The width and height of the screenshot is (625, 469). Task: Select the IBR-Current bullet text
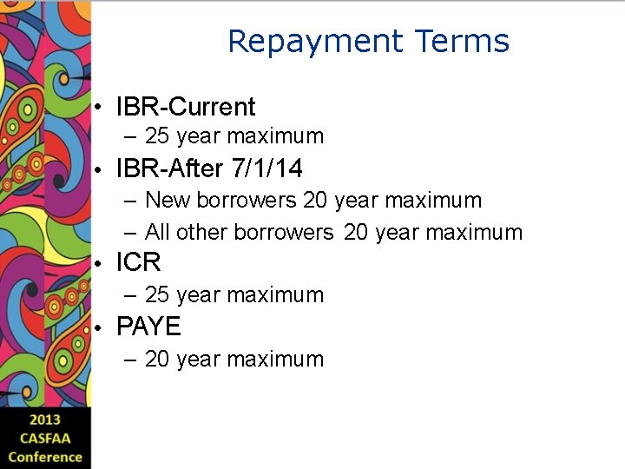pyautogui.click(x=186, y=108)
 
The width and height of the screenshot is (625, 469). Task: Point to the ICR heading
pyautogui.click(x=139, y=262)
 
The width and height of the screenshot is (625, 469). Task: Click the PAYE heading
pyautogui.click(x=148, y=327)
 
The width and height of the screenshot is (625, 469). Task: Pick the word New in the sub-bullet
pyautogui.click(x=168, y=201)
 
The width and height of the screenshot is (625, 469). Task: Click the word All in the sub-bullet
pyautogui.click(x=157, y=233)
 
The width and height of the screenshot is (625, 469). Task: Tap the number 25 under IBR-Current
pyautogui.click(x=157, y=136)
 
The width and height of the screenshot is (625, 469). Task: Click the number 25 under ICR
pyautogui.click(x=157, y=295)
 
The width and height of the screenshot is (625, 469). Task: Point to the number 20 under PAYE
pyautogui.click(x=157, y=360)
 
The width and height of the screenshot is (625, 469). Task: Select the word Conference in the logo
pyautogui.click(x=45, y=458)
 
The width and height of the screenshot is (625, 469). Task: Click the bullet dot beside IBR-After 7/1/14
pyautogui.click(x=102, y=168)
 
